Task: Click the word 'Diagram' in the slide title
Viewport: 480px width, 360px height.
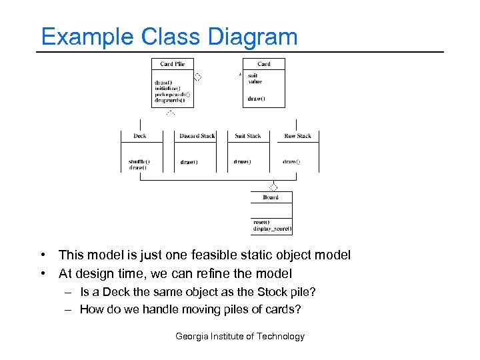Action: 253,37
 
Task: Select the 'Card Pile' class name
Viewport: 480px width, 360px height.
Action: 172,64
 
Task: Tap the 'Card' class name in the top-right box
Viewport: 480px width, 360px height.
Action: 264,64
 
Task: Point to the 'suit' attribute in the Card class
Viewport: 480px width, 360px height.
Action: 253,75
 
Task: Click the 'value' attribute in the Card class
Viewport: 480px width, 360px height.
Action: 255,82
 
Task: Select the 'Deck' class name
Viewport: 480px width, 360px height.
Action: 140,136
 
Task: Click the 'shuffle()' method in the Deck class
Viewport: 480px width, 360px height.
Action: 139,161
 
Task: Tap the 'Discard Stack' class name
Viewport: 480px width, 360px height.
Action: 197,136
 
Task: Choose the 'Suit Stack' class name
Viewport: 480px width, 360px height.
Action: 248,136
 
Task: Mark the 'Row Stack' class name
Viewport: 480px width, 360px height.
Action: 297,136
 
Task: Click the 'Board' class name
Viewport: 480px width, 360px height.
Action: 271,197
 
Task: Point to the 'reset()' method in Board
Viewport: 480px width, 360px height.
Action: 261,222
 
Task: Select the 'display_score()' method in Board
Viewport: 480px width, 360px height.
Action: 272,229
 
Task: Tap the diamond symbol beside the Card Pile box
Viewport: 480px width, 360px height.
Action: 197,77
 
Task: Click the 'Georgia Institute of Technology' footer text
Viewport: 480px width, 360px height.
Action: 240,337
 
